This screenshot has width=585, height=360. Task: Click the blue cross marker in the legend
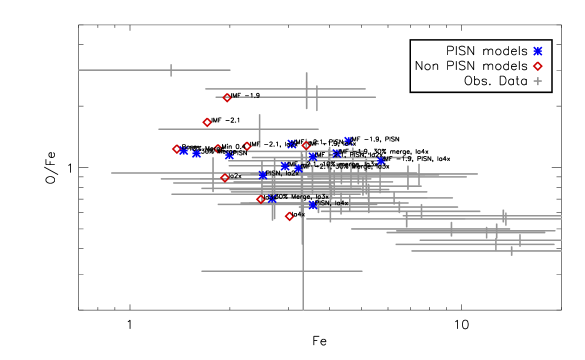(537, 51)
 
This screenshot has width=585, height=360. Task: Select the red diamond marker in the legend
(537, 66)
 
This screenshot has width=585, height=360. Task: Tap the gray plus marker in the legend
(537, 81)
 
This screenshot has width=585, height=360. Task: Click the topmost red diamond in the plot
(227, 98)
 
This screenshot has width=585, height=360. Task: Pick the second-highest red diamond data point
(207, 123)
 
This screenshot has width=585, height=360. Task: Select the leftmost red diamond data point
(176, 149)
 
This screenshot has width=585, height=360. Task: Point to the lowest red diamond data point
(289, 216)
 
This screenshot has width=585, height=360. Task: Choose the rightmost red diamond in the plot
(306, 146)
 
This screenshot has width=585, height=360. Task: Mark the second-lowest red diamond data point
(260, 199)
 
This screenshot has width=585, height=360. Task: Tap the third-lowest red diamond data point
(225, 178)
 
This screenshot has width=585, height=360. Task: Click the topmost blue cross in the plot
(347, 141)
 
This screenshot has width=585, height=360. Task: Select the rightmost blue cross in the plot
(380, 161)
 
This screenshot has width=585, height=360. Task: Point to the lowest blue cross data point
(313, 205)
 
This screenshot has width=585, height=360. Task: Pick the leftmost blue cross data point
(184, 152)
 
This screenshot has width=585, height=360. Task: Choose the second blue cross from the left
(197, 154)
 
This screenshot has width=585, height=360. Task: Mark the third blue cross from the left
(229, 156)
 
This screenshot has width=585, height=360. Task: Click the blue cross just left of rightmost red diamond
(291, 145)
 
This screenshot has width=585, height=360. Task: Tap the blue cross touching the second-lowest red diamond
(270, 199)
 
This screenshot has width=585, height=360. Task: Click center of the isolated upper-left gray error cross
(171, 70)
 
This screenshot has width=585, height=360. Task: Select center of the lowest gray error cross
(302, 271)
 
